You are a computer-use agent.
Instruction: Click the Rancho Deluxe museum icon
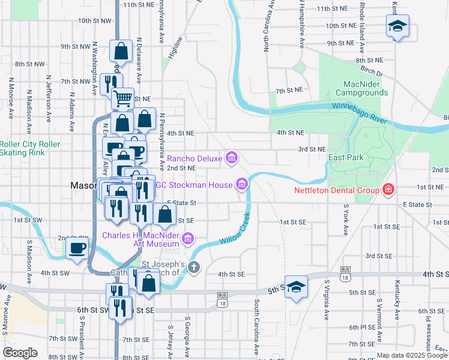click(x=232, y=158)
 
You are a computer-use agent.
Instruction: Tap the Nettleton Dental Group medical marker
click(x=388, y=191)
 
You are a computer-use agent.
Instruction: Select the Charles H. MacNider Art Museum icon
click(x=188, y=239)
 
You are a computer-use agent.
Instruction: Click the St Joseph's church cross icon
click(x=193, y=268)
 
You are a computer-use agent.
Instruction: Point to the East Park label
click(x=346, y=157)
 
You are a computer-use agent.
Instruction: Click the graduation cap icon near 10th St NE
click(x=397, y=26)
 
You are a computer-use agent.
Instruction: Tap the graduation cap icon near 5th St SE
click(x=296, y=287)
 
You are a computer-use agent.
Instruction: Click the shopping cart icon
click(x=122, y=97)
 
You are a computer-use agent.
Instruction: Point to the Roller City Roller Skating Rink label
click(x=30, y=148)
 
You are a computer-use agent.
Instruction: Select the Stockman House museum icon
click(x=242, y=184)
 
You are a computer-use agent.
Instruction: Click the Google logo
click(x=20, y=353)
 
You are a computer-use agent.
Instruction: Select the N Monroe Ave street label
click(x=10, y=96)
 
